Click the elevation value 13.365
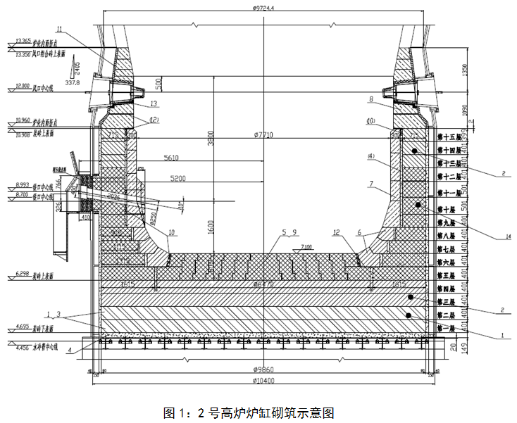23,42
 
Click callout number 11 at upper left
59,29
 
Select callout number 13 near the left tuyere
155,103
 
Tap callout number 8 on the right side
370,100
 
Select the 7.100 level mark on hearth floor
304,246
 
